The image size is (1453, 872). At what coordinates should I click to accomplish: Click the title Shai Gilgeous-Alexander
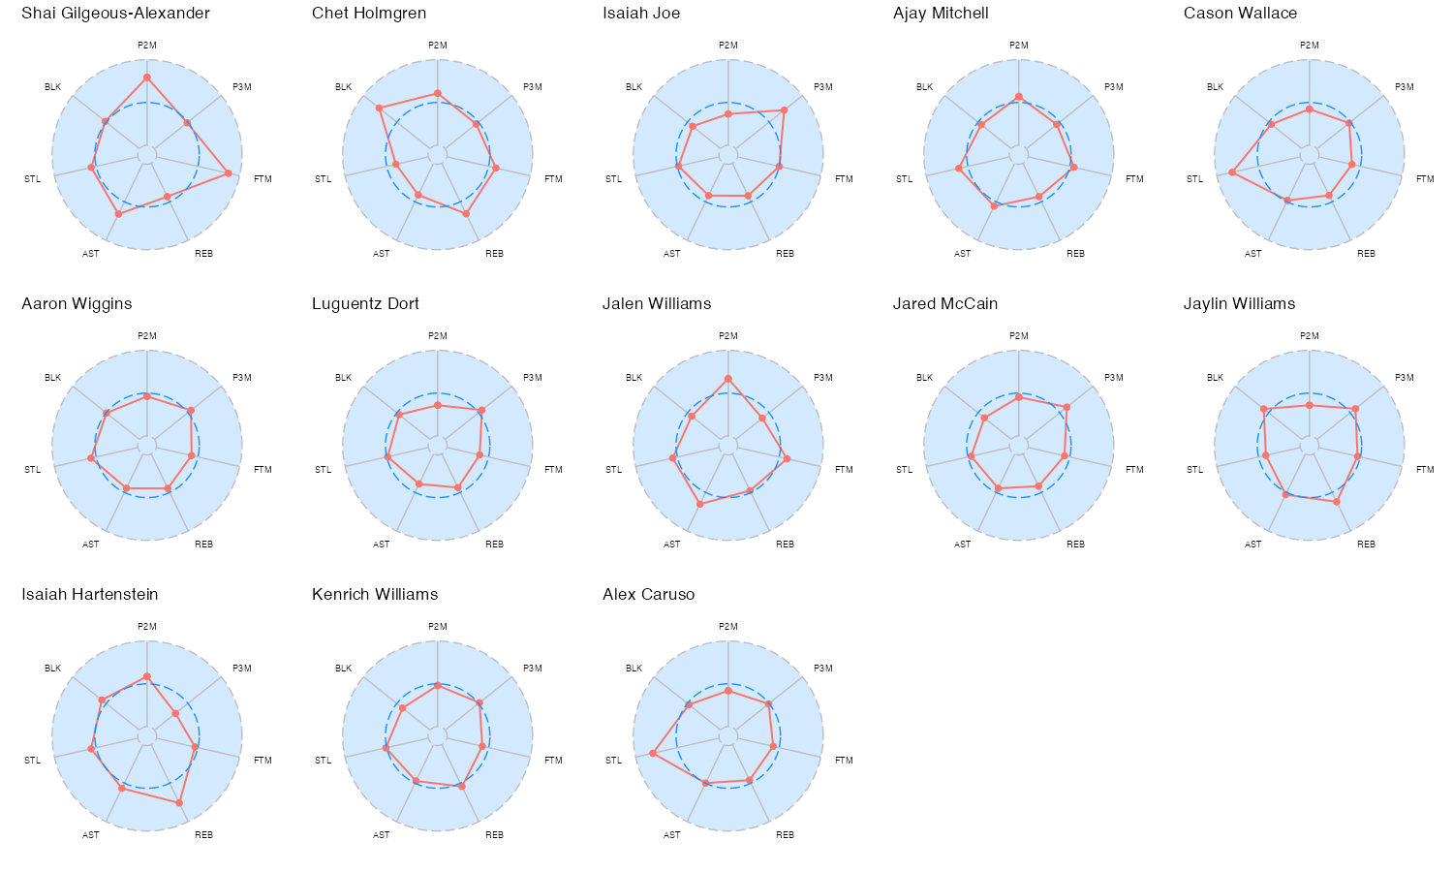coord(115,14)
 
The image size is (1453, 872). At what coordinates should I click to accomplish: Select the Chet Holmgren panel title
coord(369,14)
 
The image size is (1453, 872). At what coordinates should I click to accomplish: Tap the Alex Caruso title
coord(648,595)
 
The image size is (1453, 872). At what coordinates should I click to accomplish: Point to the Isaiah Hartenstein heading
coord(89,595)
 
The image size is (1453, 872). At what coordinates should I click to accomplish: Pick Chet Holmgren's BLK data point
coord(380,108)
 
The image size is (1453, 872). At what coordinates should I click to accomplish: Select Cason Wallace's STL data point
coord(1232,172)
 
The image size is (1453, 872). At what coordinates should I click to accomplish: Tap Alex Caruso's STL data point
coord(653,753)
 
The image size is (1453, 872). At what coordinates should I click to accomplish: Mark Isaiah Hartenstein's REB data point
coord(179,802)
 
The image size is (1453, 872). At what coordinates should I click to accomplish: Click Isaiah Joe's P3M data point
coord(784,110)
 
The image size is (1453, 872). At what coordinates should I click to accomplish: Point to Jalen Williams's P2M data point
coord(728,379)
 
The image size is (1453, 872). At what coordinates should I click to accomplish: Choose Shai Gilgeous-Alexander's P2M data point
coord(147,77)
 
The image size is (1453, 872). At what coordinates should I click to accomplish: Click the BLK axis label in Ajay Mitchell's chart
coord(924,87)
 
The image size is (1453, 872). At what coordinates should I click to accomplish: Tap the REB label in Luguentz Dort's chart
coord(494,545)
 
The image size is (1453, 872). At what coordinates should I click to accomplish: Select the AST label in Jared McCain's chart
coord(962,545)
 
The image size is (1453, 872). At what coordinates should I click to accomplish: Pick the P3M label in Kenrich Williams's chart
coord(532,669)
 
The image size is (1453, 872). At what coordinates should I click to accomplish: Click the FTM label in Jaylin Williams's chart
coord(1425,470)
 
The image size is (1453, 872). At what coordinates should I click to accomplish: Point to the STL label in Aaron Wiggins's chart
coord(32,470)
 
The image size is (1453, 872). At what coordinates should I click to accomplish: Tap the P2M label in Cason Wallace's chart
coord(1310,46)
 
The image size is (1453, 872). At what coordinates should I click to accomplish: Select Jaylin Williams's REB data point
coord(1337,502)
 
